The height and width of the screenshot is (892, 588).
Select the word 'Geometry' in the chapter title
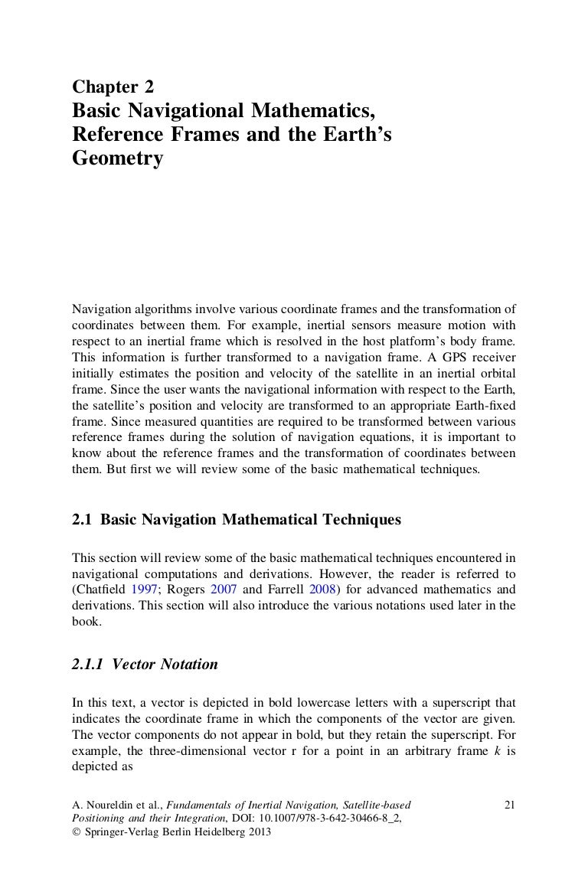click(118, 159)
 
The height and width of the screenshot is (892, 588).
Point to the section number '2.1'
click(82, 520)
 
